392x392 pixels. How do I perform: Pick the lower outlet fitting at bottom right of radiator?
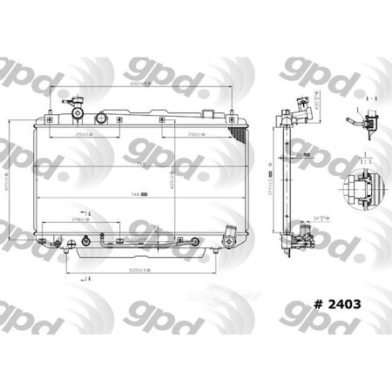coord(230,235)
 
